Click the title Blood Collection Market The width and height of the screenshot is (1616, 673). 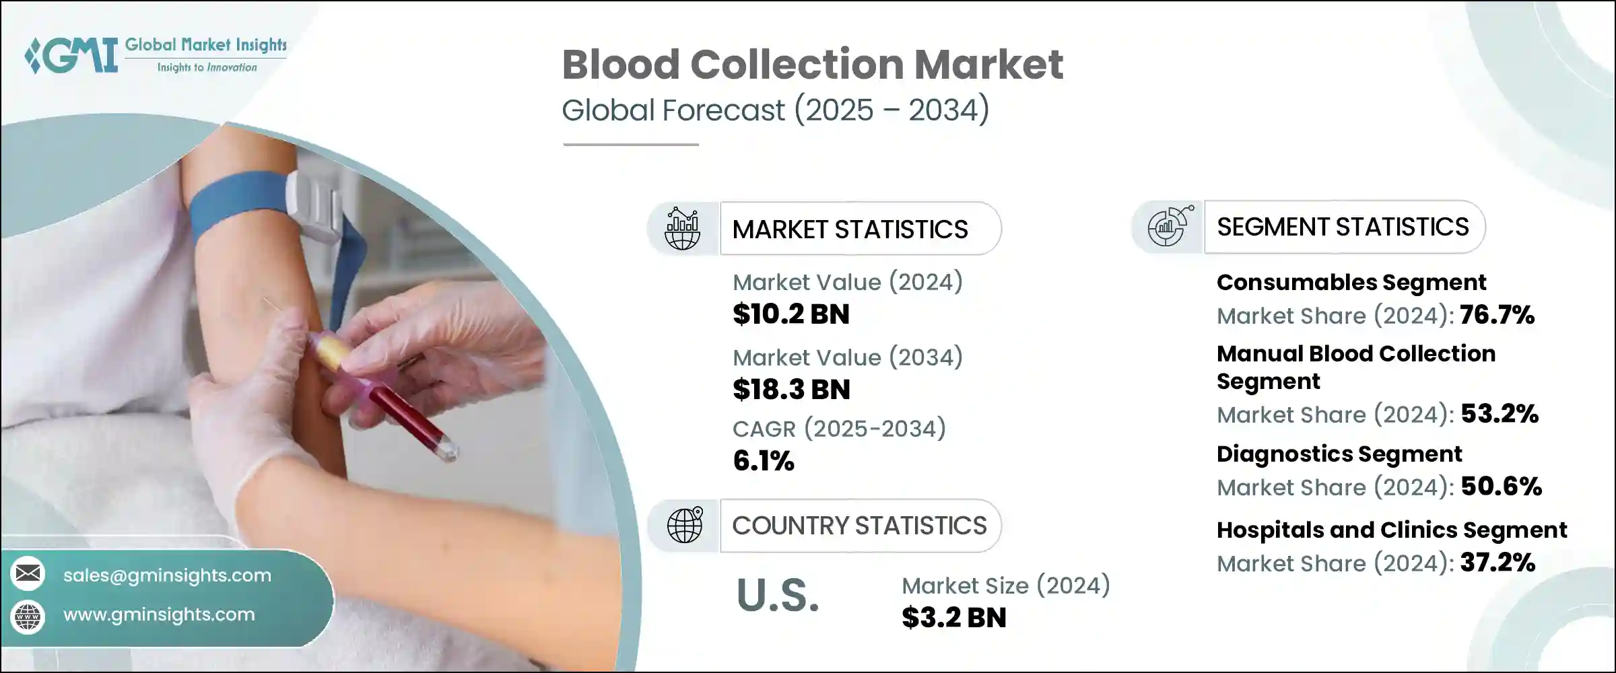(x=812, y=65)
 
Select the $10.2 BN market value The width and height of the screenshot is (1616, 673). (x=790, y=314)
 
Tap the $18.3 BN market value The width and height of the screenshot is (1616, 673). (x=790, y=390)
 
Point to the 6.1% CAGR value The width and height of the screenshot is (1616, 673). (x=763, y=461)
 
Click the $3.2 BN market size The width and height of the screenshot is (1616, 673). (x=953, y=618)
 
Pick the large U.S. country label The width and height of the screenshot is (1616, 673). (x=778, y=596)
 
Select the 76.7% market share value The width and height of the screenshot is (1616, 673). (x=1497, y=315)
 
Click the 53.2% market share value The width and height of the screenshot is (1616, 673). (x=1500, y=414)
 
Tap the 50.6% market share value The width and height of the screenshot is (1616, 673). (x=1501, y=487)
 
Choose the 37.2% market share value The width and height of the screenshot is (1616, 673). (x=1497, y=563)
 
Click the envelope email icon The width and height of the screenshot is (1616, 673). (x=28, y=573)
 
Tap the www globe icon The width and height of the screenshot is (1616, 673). (x=28, y=616)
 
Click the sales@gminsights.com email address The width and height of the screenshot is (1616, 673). (x=167, y=575)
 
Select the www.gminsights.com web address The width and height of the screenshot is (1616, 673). (x=159, y=614)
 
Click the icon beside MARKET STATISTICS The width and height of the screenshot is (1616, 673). (x=682, y=229)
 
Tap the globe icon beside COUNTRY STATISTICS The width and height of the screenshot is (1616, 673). (x=685, y=525)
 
